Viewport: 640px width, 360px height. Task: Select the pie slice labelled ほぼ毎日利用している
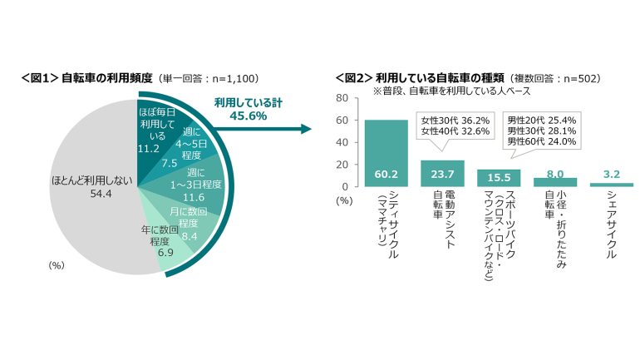(154, 133)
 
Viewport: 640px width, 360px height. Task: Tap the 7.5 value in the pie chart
(169, 162)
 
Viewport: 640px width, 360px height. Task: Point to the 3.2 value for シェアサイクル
(612, 175)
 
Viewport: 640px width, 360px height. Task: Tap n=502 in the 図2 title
(578, 78)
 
